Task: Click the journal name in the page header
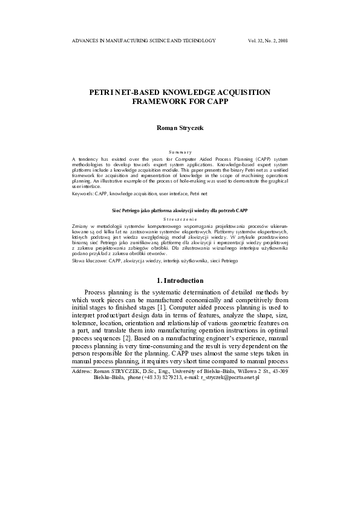click(143, 41)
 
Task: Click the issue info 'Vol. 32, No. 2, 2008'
click(268, 41)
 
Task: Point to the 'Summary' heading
click(180, 151)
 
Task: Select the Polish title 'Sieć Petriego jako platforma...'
click(180, 210)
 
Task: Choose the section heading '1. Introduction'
click(180, 280)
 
